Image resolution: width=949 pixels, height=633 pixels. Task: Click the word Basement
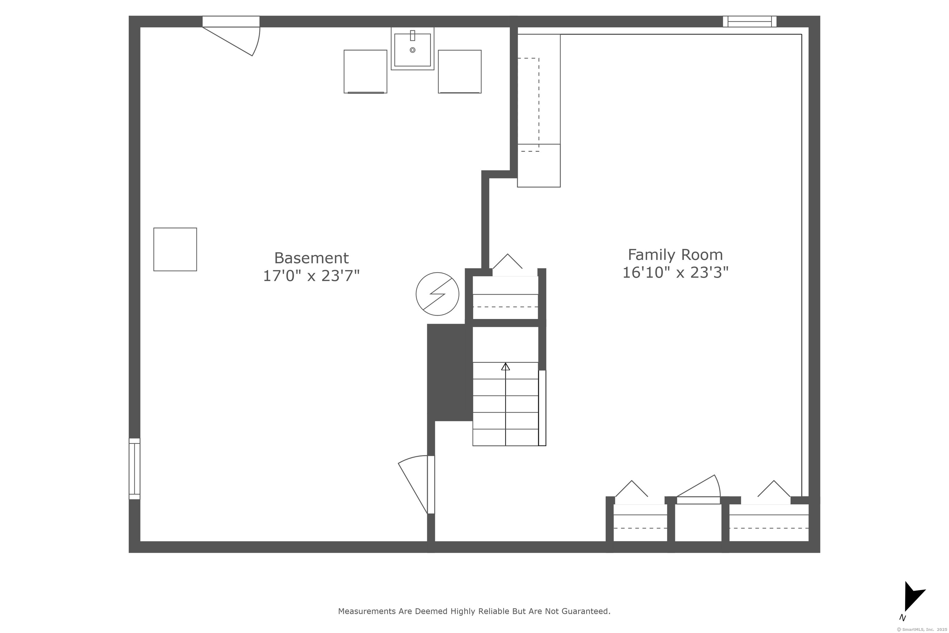[311, 258]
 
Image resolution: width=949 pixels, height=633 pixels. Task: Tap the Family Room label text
[675, 255]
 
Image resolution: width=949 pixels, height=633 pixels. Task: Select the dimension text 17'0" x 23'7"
[311, 276]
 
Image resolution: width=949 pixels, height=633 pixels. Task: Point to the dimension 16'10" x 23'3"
[675, 273]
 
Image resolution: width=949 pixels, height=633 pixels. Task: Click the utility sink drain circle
[412, 50]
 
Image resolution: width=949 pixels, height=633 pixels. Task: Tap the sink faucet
[412, 36]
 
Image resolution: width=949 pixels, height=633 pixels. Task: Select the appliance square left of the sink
[365, 71]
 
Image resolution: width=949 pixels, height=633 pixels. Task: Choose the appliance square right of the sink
[460, 71]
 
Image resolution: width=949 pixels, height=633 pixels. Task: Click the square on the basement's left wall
[175, 249]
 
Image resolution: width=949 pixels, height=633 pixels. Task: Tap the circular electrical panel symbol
[437, 294]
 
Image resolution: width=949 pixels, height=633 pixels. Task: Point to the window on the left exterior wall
[134, 469]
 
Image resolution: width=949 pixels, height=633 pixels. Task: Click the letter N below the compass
[903, 618]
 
